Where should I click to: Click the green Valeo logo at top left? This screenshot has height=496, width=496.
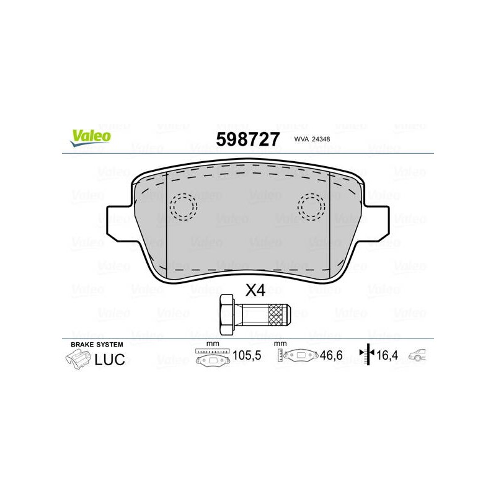pyautogui.click(x=91, y=138)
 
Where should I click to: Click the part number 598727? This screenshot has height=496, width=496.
pyautogui.click(x=247, y=139)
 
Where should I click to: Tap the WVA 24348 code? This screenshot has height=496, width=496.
pyautogui.click(x=312, y=139)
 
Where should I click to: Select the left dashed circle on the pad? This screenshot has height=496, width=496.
pyautogui.click(x=183, y=207)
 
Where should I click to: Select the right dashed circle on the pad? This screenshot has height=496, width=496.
pyautogui.click(x=311, y=207)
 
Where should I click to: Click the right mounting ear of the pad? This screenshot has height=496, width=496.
pyautogui.click(x=376, y=223)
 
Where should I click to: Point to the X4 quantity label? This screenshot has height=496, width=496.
pyautogui.click(x=255, y=290)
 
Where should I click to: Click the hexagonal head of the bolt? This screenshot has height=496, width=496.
pyautogui.click(x=227, y=314)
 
